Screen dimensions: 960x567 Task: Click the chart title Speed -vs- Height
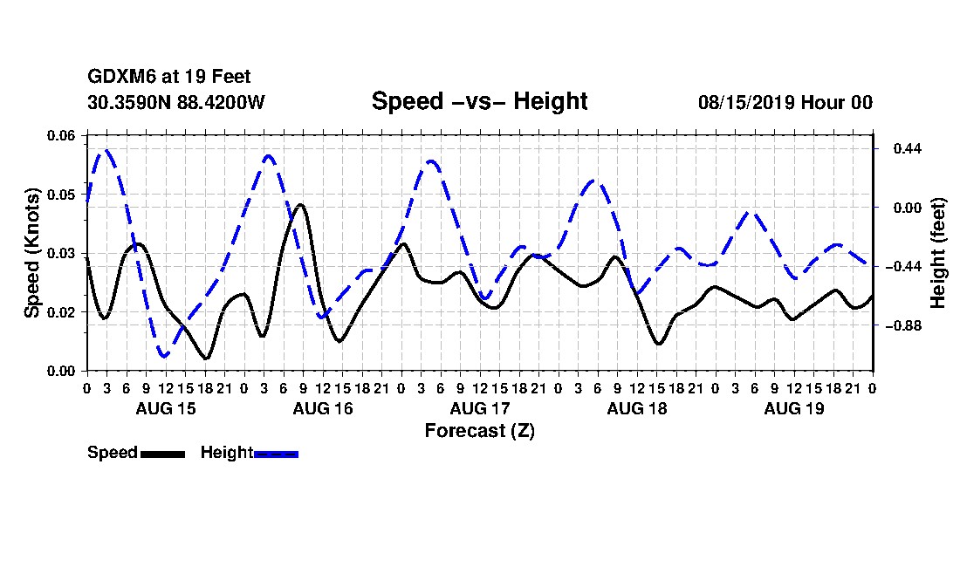click(479, 101)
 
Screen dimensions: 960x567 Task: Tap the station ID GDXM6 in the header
click(122, 77)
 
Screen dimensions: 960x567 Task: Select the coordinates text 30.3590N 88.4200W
click(175, 102)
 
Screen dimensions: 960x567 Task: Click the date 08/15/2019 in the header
click(746, 102)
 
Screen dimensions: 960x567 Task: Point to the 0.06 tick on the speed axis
click(61, 135)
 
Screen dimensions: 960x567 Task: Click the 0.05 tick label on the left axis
click(61, 195)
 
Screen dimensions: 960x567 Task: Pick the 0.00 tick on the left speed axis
click(61, 372)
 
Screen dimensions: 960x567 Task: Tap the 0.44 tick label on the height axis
click(908, 148)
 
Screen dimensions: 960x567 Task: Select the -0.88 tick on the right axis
click(903, 326)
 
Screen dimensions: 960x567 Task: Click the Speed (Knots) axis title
click(31, 253)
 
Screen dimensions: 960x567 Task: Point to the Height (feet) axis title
click(938, 253)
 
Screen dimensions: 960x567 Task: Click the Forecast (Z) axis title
click(479, 431)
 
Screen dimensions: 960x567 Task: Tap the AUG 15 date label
click(165, 408)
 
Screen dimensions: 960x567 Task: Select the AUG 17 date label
click(479, 408)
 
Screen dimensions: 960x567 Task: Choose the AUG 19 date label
click(794, 408)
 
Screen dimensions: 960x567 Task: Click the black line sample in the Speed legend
click(162, 454)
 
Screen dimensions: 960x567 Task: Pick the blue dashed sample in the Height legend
click(276, 454)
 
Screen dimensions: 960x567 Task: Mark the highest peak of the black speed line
click(300, 205)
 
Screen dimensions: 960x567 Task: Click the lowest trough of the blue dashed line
click(163, 355)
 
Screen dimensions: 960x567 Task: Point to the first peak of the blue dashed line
click(107, 149)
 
